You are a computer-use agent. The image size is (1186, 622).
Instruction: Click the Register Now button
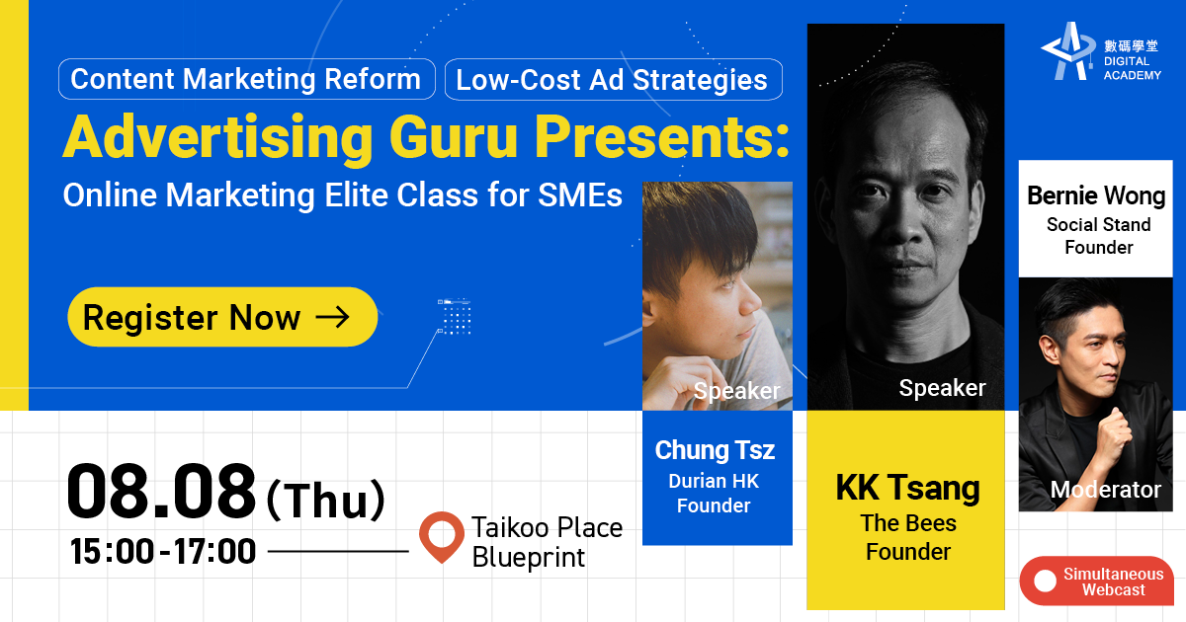coord(222,317)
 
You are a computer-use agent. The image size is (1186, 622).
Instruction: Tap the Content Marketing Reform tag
coord(247,79)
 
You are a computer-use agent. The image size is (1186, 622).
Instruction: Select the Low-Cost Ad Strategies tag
coord(613,79)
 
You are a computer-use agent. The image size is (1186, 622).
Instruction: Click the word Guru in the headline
coord(454,136)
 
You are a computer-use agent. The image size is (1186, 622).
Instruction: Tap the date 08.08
coord(161,491)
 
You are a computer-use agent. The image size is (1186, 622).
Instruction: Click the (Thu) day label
coord(325,499)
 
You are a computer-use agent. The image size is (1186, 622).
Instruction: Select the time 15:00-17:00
coord(163,552)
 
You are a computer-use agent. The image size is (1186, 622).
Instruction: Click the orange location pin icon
coord(442,536)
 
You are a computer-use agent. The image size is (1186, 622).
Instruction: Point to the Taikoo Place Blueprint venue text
coord(547,542)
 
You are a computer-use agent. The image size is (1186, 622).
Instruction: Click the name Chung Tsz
coord(715,450)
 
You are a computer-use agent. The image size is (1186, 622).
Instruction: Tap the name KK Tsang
coord(907,487)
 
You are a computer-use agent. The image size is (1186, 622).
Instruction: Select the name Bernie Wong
coord(1096,195)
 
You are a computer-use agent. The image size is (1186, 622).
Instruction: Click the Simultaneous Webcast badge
coord(1097,581)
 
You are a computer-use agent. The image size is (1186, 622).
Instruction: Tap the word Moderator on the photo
coord(1106,490)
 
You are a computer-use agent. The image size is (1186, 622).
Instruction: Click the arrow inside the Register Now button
coord(332,317)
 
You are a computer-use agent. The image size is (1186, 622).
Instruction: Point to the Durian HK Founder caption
coord(714,493)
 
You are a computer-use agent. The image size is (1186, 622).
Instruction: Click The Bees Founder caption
coord(908,537)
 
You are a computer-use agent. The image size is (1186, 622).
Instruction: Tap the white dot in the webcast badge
coord(1046,581)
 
